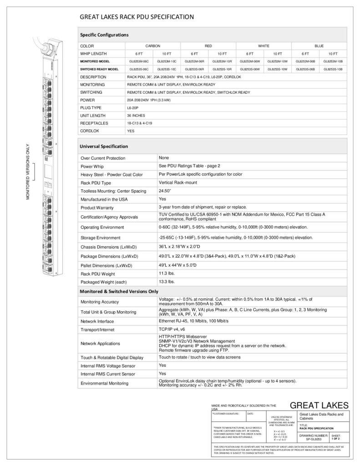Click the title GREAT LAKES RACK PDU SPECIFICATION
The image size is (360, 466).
tap(137, 17)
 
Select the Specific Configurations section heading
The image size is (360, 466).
tap(104, 35)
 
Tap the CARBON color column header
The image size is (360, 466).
tap(153, 46)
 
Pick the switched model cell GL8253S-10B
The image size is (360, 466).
tap(333, 69)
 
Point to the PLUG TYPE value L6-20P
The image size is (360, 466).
tap(133, 108)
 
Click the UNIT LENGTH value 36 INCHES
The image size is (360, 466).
tap(136, 116)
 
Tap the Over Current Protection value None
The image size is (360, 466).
tap(164, 157)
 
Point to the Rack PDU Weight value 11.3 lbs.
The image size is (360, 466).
tap(167, 273)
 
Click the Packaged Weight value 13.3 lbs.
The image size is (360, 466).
tap(167, 282)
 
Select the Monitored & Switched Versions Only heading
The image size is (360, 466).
tap(119, 291)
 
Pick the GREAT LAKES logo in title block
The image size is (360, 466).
tap(319, 405)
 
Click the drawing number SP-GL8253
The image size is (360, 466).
tap(314, 439)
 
